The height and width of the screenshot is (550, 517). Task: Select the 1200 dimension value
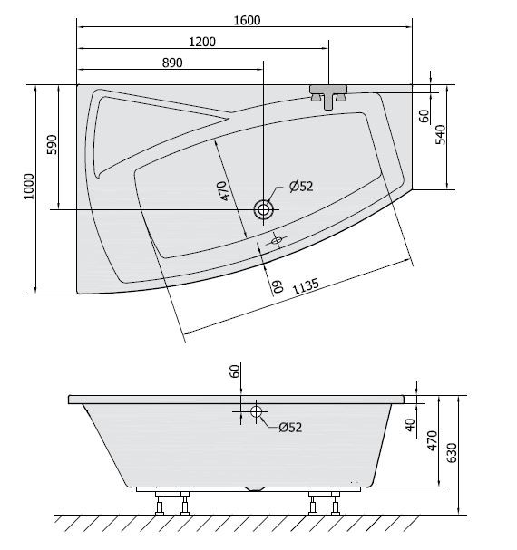pyautogui.click(x=202, y=42)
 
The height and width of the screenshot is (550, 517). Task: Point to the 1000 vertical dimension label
pyautogui.click(x=29, y=187)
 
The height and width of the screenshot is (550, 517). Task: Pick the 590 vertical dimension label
pyautogui.click(x=52, y=147)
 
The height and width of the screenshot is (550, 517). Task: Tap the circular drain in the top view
pyautogui.click(x=264, y=210)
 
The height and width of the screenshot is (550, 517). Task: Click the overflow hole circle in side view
pyautogui.click(x=256, y=413)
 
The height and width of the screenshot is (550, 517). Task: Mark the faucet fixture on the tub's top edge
pyautogui.click(x=329, y=95)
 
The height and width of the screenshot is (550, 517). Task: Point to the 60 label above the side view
pyautogui.click(x=235, y=371)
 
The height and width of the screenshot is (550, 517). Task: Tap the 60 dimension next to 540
pyautogui.click(x=423, y=116)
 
